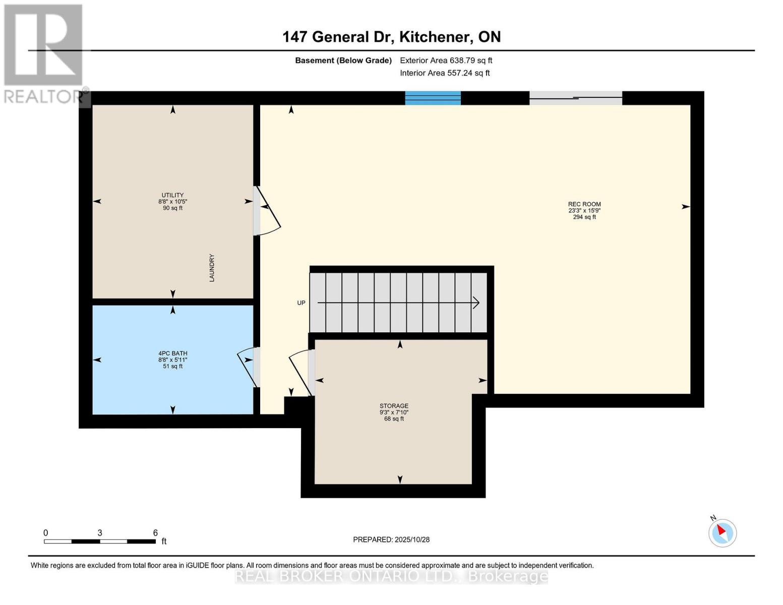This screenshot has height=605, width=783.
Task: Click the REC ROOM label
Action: [x=584, y=204]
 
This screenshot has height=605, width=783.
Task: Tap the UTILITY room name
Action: [x=172, y=195]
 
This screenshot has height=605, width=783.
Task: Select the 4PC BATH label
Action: [x=172, y=353]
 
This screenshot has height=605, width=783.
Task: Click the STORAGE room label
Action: [x=394, y=406]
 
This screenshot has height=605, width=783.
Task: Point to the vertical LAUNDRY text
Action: [x=212, y=268]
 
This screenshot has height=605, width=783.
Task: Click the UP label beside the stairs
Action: [x=301, y=303]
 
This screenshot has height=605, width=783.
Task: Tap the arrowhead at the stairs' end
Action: [x=475, y=302]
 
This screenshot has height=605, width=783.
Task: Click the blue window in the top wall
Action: [x=433, y=98]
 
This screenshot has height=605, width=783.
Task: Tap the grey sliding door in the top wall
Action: [x=575, y=98]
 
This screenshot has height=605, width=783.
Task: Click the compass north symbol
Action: [x=722, y=532]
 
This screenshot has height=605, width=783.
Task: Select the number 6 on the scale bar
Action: [x=155, y=532]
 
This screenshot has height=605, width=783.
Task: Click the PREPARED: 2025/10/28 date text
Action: [x=391, y=539]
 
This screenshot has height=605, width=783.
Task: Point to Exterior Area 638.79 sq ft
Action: [x=446, y=60]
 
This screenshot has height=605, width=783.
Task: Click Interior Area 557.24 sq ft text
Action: [x=445, y=73]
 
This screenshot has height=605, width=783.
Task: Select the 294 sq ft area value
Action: [x=584, y=217]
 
